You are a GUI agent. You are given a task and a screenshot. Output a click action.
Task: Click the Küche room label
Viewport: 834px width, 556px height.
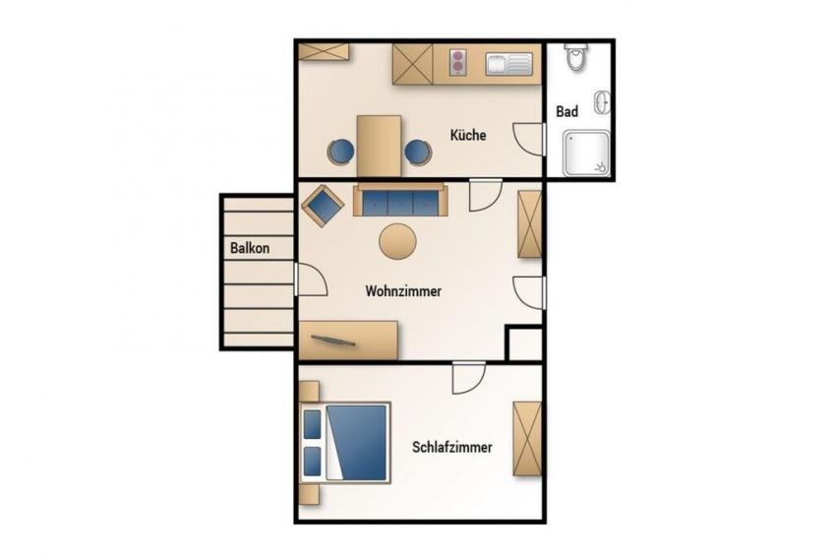click(x=468, y=135)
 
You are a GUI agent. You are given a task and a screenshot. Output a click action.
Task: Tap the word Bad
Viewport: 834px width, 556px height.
click(x=567, y=112)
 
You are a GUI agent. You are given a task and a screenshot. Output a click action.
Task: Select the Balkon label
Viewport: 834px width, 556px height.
click(x=250, y=248)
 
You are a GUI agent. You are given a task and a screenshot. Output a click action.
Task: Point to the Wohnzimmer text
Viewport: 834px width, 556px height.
click(x=403, y=291)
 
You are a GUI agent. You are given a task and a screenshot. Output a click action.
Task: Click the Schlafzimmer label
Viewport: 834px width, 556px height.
click(x=452, y=447)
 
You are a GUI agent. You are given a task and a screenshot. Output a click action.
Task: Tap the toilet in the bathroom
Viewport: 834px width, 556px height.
click(x=576, y=57)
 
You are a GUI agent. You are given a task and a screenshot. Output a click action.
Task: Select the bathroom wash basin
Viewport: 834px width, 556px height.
click(x=603, y=101)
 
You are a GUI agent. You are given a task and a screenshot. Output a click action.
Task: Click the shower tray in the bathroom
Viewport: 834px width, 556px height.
click(x=586, y=154)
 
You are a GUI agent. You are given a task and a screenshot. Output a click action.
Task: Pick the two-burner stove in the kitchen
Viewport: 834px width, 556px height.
click(x=458, y=62)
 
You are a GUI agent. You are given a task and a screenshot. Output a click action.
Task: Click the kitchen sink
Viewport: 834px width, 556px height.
click(x=508, y=64)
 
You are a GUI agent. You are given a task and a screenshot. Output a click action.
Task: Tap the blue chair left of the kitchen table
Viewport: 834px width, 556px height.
click(x=340, y=152)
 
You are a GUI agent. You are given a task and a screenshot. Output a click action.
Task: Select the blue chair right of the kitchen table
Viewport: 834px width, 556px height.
click(x=418, y=153)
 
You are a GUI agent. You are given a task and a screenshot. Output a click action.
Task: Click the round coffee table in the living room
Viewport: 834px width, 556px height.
click(x=397, y=241)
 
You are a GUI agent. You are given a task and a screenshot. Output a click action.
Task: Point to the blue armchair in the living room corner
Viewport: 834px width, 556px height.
click(x=323, y=206)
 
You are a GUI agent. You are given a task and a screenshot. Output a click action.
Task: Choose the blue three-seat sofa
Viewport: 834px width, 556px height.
click(x=400, y=201)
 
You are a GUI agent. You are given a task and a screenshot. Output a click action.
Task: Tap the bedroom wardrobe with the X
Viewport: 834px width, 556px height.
click(x=527, y=439)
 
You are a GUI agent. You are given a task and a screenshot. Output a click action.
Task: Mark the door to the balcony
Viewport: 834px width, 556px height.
click(x=311, y=279)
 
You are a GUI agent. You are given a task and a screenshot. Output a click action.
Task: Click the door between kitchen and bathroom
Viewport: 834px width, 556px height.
click(x=529, y=139)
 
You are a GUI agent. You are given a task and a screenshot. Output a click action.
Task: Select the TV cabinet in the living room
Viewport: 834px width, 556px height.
click(x=348, y=340)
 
